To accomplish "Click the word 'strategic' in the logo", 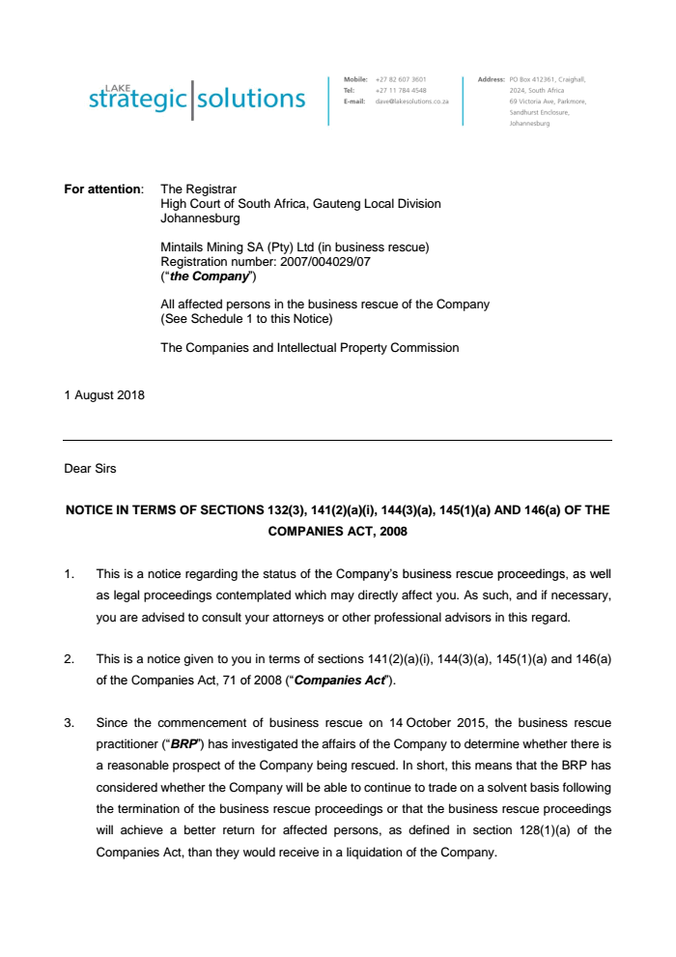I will (139, 99).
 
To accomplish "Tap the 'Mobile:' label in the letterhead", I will (355, 79).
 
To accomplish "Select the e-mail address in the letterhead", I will (411, 101).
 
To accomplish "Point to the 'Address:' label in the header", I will (492, 79).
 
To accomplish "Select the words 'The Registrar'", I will (198, 189).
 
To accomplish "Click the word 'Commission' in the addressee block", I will (422, 348).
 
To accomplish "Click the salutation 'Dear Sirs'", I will (91, 469).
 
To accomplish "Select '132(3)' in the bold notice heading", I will (290, 509).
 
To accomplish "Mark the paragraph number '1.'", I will (70, 574).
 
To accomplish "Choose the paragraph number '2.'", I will (70, 659).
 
